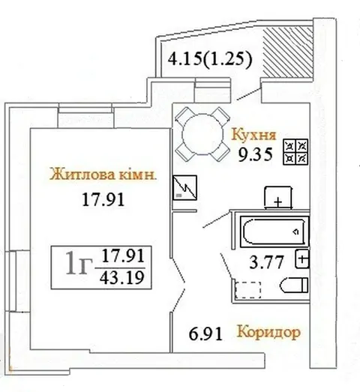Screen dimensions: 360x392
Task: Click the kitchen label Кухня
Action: [253, 134]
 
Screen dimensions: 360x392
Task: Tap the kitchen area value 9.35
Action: [255, 154]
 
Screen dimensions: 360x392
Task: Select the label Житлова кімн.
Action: [103, 174]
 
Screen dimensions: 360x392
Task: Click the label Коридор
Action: [268, 332]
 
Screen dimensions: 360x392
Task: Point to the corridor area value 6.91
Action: [205, 334]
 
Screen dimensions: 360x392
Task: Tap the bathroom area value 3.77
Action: [267, 262]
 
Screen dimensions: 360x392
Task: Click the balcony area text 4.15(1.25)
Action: [210, 59]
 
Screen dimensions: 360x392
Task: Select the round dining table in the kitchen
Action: [202, 134]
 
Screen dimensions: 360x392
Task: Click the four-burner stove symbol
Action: [295, 152]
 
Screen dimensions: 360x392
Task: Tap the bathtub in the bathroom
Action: [274, 232]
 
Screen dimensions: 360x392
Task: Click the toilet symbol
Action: [294, 285]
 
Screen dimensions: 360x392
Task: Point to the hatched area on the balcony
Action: [288, 52]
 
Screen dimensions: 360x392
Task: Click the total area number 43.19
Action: [122, 278]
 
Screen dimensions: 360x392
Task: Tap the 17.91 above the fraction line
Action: [123, 256]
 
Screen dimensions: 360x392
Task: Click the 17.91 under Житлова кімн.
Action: [103, 200]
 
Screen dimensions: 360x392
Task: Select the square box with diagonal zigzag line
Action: [185, 187]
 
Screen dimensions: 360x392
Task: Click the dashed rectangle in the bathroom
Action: [248, 290]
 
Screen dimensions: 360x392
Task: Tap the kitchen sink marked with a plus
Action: [278, 198]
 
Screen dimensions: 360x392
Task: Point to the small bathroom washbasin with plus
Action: [302, 259]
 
